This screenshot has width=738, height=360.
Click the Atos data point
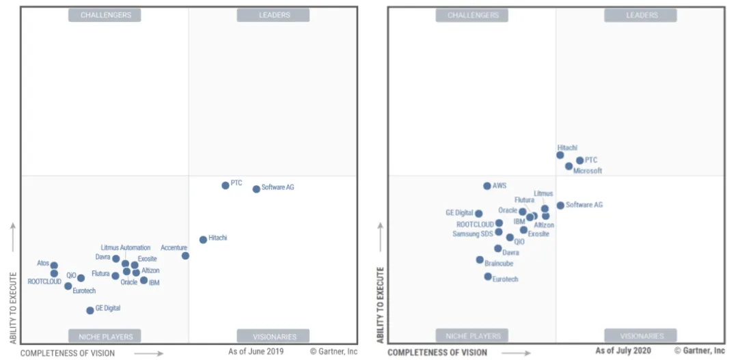pyautogui.click(x=54, y=266)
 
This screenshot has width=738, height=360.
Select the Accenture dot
pyautogui.click(x=185, y=255)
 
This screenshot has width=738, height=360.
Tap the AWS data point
pyautogui.click(x=487, y=186)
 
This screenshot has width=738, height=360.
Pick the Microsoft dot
pyautogui.click(x=569, y=166)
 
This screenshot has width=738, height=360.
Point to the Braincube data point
pyautogui.click(x=480, y=260)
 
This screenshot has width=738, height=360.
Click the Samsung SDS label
pyautogui.click(x=472, y=234)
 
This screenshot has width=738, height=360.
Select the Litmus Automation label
pyautogui.click(x=126, y=248)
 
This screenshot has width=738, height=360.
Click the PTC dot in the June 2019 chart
pyautogui.click(x=225, y=185)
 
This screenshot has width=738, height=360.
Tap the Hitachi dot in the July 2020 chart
pyautogui.click(x=560, y=155)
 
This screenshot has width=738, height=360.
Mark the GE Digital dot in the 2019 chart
pyautogui.click(x=90, y=310)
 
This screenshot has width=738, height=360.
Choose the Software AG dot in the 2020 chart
pyautogui.click(x=560, y=205)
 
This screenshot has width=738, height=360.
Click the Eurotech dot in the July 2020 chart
pyautogui.click(x=488, y=277)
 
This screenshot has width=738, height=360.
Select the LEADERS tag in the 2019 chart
pyautogui.click(x=273, y=15)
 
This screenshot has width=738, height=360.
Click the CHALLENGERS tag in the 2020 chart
pyautogui.click(x=472, y=15)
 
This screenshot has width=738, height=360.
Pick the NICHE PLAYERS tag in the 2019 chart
pyautogui.click(x=105, y=336)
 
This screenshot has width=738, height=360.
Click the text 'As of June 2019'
pyautogui.click(x=256, y=352)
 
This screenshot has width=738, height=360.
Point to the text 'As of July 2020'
pyautogui.click(x=623, y=351)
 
